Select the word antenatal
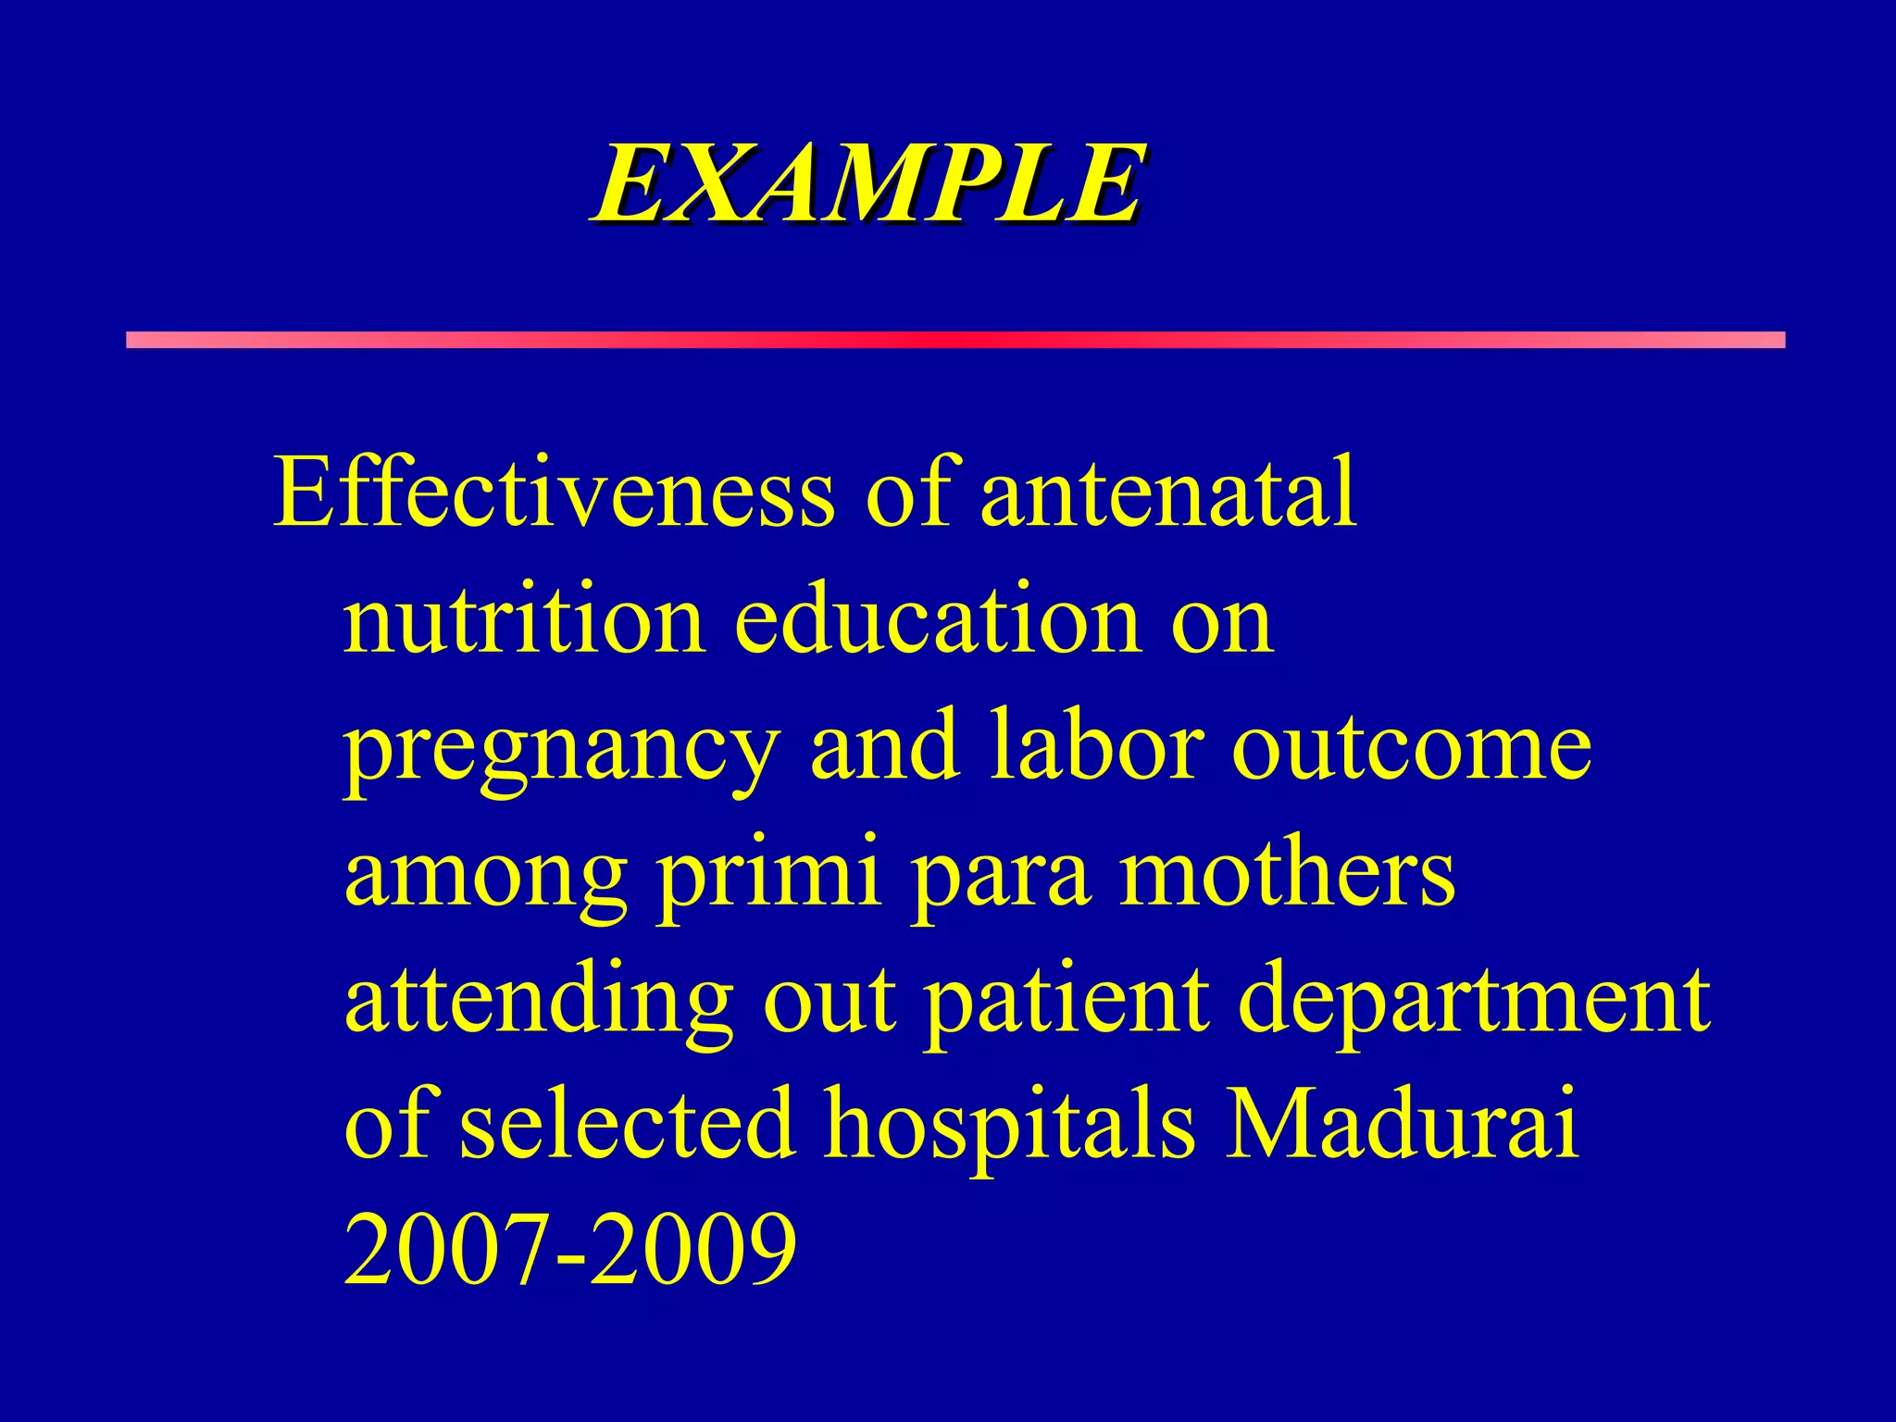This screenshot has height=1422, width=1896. pyautogui.click(x=1168, y=493)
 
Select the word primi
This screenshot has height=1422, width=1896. pyautogui.click(x=769, y=874)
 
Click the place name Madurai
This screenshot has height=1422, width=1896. pyautogui.click(x=1402, y=1126)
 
